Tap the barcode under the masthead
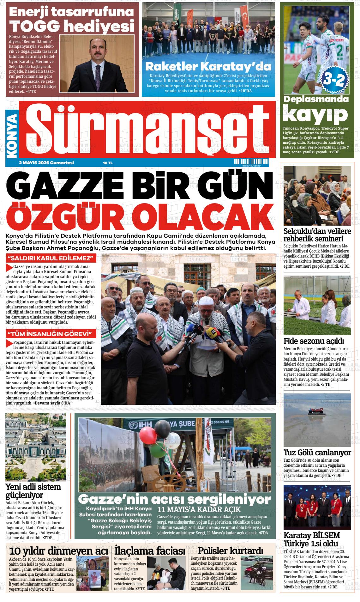point(251,162)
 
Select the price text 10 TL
point(108,163)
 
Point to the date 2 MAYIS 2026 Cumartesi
point(46,163)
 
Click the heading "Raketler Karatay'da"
point(208,67)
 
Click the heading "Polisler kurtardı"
point(230,551)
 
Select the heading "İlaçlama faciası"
point(150,551)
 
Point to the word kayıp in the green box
point(315,116)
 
